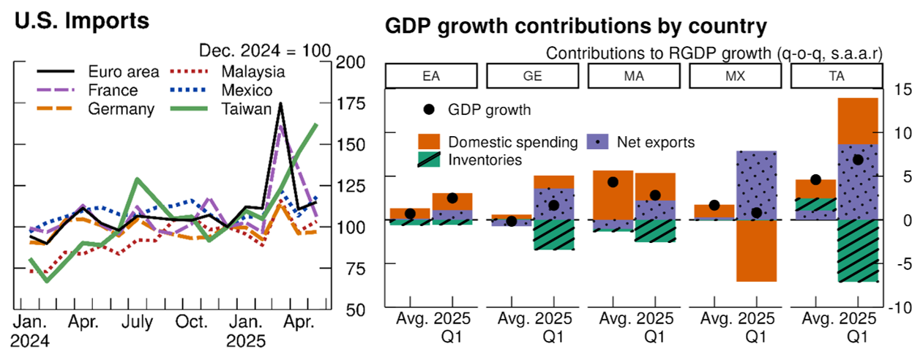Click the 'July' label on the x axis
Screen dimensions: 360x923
(138, 323)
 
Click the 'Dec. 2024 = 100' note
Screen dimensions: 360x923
(265, 51)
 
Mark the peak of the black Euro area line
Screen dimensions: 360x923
(280, 103)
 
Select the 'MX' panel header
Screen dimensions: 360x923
(738, 75)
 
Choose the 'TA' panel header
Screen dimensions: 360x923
(839, 75)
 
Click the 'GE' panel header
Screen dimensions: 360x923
(536, 75)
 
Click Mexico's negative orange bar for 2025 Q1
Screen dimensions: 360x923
(756, 250)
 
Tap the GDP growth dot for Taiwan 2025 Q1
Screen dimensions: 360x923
(858, 160)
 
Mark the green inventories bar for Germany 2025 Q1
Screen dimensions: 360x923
(553, 235)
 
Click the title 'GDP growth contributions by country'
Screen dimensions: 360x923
(575, 27)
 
